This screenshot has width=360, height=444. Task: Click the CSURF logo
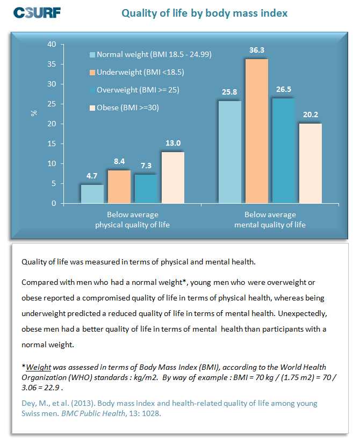pos(37,13)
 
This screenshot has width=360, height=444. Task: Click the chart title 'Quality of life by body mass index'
pos(204,13)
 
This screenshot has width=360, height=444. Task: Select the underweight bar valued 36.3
pos(257,131)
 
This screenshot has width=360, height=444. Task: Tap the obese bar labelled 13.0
pos(173,177)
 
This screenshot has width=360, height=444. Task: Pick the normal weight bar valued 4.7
pos(92,194)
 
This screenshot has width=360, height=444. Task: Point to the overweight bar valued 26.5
pos(284,151)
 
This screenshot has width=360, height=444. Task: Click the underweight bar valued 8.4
pos(119,187)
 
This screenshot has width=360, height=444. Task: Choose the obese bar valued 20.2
pos(311,163)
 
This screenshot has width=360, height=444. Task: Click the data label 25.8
pos(229,92)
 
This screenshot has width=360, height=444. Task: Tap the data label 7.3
pos(146,166)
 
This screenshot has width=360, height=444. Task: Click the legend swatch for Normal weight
pos(92,55)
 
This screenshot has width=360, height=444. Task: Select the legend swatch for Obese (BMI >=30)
pos(92,108)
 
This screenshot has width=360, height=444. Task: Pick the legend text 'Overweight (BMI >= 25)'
pos(138,90)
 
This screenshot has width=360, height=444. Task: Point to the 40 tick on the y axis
pos(52,45)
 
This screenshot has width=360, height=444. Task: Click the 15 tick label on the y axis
pos(52,144)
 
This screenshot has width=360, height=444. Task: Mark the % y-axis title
pos(34,113)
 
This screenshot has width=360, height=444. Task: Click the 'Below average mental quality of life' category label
pos(270,220)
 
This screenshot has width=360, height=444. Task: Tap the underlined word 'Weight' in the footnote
pos(39,367)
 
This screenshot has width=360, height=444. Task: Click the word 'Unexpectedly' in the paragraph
pos(303,314)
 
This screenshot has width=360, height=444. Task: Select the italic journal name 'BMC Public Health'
pos(93,413)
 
